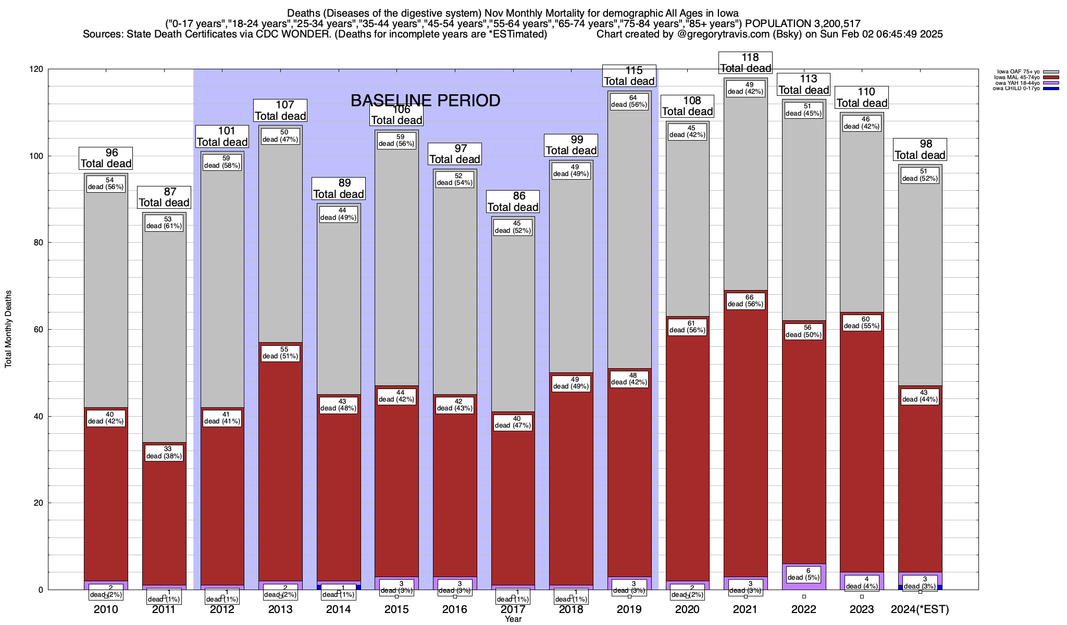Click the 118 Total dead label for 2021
(x=746, y=63)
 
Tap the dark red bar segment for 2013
(x=280, y=469)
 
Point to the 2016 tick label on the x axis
(x=455, y=609)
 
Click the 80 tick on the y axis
(x=40, y=243)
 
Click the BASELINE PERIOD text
(x=425, y=101)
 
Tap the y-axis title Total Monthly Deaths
(x=8, y=329)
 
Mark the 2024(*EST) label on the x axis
(x=920, y=609)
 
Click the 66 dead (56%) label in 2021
(x=746, y=301)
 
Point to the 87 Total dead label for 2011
(x=164, y=197)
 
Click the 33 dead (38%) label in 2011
(x=164, y=453)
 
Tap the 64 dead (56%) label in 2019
(x=629, y=101)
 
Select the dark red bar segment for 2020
(x=688, y=469)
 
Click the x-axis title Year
(x=513, y=619)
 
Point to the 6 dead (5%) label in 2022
(x=804, y=574)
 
